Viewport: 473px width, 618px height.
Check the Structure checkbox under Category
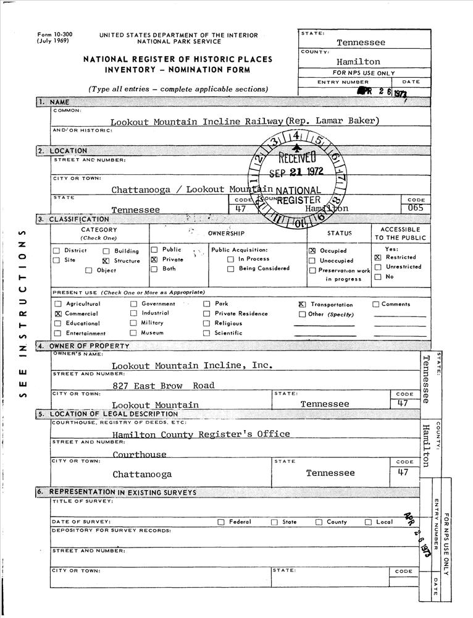tap(106, 261)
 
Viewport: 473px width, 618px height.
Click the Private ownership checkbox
tap(154, 260)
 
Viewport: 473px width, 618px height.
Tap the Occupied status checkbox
tap(312, 251)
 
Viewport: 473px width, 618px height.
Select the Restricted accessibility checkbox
tap(377, 257)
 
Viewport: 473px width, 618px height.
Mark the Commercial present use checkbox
tap(58, 314)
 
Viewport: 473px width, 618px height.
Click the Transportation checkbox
tap(302, 305)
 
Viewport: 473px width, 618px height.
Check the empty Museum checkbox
tap(133, 333)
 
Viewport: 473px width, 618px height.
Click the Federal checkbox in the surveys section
tap(221, 522)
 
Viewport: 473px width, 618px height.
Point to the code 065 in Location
tap(416, 209)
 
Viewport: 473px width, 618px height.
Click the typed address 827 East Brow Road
tap(164, 386)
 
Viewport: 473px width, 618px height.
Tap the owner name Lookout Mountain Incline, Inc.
tap(191, 365)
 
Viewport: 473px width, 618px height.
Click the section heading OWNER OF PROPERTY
tap(90, 346)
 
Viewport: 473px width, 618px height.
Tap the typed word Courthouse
tap(140, 455)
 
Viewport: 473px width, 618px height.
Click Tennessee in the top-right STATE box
tap(361, 43)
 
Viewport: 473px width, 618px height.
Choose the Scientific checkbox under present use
tap(206, 333)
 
